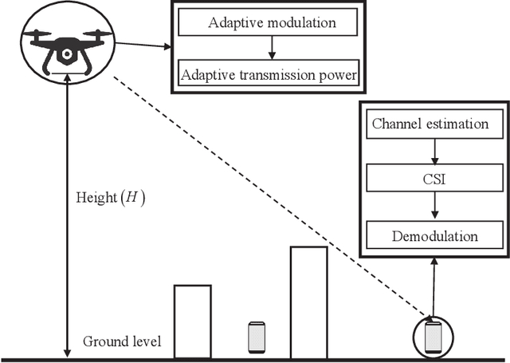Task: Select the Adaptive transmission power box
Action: point(269,77)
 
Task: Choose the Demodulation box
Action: point(435,236)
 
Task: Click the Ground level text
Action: point(122,341)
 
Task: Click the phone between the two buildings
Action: point(256,337)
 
